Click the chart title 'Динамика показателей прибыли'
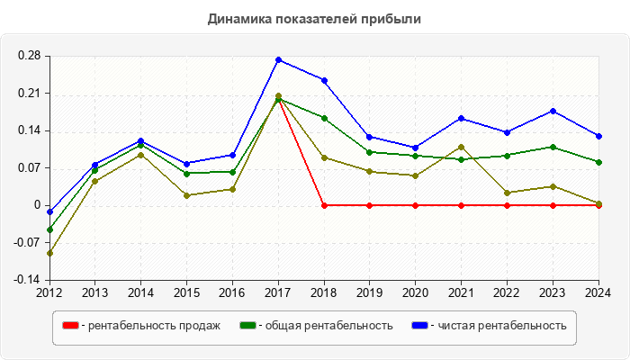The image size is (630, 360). tap(314, 18)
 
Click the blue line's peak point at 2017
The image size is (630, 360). tap(278, 59)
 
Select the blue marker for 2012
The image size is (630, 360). tap(49, 212)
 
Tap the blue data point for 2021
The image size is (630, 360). tap(462, 118)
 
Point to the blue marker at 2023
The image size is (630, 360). tap(553, 111)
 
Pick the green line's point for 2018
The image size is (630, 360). tap(324, 118)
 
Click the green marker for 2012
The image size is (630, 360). tap(49, 229)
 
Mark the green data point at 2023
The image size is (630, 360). tap(553, 147)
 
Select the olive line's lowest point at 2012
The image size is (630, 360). tap(49, 253)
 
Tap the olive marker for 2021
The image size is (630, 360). tap(462, 147)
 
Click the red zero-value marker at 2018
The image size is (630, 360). tap(324, 205)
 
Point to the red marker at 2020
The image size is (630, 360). tap(416, 205)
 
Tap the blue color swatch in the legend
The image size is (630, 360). tap(420, 326)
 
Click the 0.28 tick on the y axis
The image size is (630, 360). tap(29, 56)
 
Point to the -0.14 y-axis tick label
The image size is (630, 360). tap(27, 280)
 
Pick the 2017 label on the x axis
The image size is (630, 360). tap(278, 292)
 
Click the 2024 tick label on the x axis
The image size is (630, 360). tap(598, 292)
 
